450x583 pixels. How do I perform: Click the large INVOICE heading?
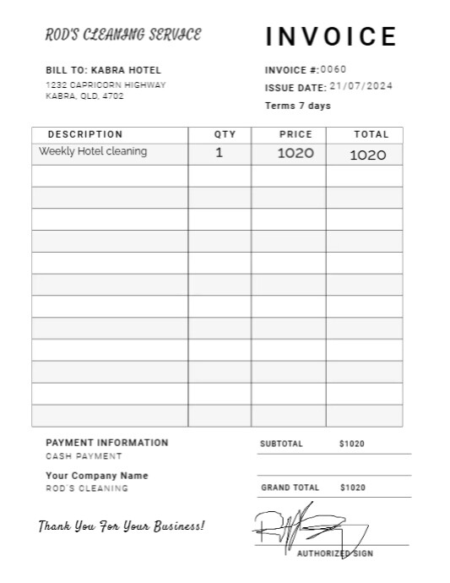tap(331, 37)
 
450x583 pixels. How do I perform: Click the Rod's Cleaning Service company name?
tap(123, 35)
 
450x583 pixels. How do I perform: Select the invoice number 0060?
tap(333, 69)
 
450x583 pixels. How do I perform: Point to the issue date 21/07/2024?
tap(361, 86)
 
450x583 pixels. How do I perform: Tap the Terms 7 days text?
tap(298, 106)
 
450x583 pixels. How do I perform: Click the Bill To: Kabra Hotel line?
tap(103, 70)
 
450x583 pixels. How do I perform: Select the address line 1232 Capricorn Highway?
tap(106, 85)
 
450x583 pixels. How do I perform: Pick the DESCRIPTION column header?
tap(85, 134)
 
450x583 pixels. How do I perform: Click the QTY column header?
tap(220, 134)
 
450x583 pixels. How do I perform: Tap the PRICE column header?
tap(295, 134)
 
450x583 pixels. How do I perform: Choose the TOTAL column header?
tap(371, 134)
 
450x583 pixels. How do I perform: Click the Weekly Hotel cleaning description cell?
tap(93, 152)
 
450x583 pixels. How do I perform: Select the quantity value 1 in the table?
tap(220, 153)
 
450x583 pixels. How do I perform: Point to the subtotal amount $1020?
tap(352, 444)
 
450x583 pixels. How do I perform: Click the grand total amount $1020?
tap(353, 488)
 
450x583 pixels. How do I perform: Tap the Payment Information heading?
tap(107, 443)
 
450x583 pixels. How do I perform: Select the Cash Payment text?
tap(84, 456)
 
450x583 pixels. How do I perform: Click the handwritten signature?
tap(304, 528)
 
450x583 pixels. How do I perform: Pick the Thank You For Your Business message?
tap(121, 526)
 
